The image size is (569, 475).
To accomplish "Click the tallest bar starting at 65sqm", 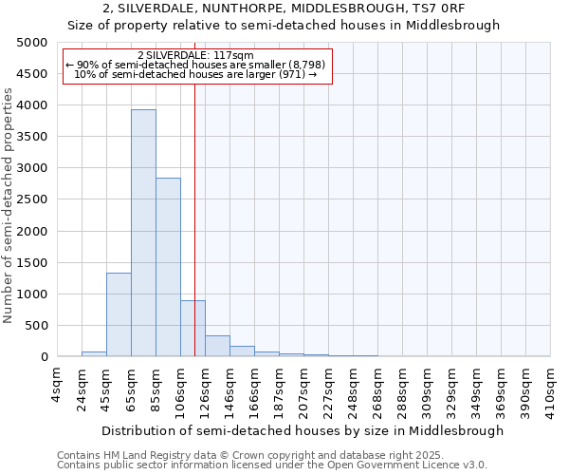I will [x=143, y=233].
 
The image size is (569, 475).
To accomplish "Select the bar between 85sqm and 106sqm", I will [x=168, y=267].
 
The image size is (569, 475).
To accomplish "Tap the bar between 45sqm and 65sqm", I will [x=119, y=314].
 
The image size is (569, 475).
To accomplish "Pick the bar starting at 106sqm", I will [x=193, y=329].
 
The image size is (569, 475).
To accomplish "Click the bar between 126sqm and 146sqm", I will [x=217, y=346].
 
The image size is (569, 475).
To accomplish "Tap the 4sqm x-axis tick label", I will [x=57, y=385].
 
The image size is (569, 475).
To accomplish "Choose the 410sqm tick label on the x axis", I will [x=550, y=388].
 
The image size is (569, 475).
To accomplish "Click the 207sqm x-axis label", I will [x=303, y=388].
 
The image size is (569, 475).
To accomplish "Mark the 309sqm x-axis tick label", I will [x=427, y=388].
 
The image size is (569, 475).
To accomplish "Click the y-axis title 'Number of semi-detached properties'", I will [x=9, y=205].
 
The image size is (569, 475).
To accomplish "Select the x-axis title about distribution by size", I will [x=303, y=430].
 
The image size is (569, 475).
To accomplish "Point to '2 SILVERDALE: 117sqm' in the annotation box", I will [x=195, y=55].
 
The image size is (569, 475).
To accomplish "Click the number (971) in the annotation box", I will [x=291, y=74].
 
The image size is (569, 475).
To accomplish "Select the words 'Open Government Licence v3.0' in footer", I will [x=409, y=465].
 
